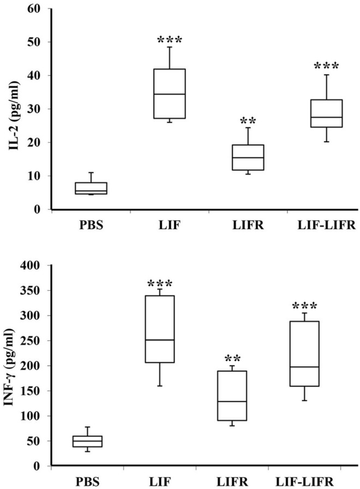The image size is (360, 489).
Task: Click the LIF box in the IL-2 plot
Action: click(169, 93)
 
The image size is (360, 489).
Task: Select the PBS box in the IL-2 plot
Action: click(91, 188)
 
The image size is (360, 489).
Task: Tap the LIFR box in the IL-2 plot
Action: click(248, 157)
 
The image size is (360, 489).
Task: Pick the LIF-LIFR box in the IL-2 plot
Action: click(326, 113)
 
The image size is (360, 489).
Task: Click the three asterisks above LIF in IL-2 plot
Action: click(169, 41)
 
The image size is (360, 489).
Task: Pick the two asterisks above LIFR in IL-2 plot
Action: click(248, 121)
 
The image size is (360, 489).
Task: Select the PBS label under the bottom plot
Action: click(87, 482)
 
